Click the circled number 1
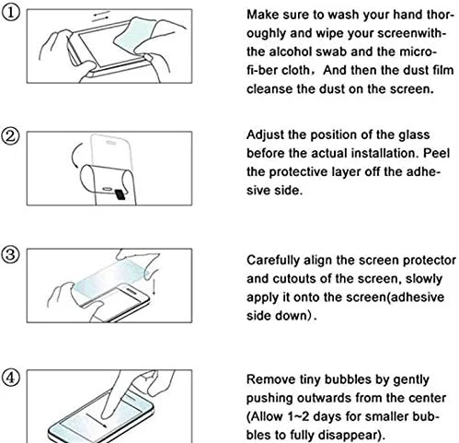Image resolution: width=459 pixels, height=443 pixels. tap(10, 14)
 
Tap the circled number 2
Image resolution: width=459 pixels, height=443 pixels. tap(10, 136)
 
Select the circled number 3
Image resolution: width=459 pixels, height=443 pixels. tap(10, 255)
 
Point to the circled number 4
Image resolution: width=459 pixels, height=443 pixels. tap(10, 378)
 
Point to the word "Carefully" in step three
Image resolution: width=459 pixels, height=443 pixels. tap(273, 261)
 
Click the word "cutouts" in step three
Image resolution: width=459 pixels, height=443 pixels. tap(293, 279)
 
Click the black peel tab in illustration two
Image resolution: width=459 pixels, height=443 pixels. tap(120, 194)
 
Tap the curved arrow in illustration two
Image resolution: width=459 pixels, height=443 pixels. tap(75, 156)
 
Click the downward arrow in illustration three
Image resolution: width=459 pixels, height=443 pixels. tap(154, 286)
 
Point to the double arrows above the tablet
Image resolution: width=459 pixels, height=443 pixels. tap(101, 16)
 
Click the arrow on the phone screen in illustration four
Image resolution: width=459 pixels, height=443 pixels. tap(97, 420)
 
